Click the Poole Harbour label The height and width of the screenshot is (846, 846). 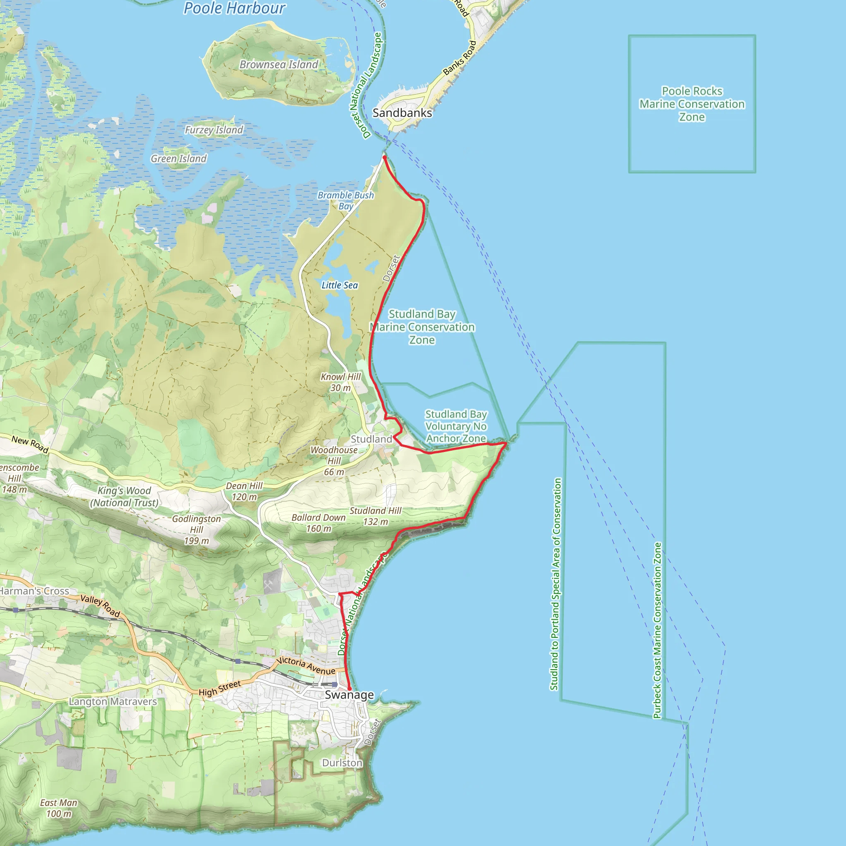click(234, 8)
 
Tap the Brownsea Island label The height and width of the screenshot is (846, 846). click(278, 64)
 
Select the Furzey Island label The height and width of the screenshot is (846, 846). click(214, 130)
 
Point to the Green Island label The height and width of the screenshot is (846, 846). click(178, 159)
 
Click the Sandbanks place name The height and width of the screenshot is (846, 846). click(402, 113)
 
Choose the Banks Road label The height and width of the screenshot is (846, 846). click(459, 58)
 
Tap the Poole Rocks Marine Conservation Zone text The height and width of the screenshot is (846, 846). click(692, 104)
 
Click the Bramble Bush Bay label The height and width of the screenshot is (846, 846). click(346, 200)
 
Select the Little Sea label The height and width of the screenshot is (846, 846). click(340, 285)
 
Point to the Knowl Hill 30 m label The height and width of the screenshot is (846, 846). click(341, 382)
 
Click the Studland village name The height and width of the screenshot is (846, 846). click(371, 439)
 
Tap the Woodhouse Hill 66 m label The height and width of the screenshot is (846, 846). click(334, 461)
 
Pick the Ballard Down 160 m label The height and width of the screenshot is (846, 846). click(319, 523)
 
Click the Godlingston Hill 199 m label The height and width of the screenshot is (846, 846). click(197, 530)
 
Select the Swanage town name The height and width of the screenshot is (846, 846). click(349, 695)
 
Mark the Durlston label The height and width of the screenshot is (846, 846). click(342, 763)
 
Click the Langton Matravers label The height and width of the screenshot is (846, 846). click(113, 701)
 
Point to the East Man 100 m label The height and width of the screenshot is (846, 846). click(59, 808)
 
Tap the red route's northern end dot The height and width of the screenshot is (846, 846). click(385, 157)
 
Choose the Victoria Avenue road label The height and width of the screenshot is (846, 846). click(306, 666)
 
